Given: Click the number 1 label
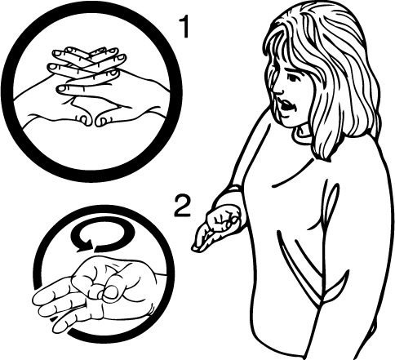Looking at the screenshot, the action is [184, 27].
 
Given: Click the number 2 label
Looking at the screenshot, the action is [183, 207].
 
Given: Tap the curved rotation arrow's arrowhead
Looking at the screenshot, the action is [85, 245].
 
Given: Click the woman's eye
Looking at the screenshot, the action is [292, 78].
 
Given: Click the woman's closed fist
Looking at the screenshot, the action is [224, 218].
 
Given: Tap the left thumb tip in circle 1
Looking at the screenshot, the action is [84, 120].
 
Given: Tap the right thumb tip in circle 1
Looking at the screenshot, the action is [102, 120].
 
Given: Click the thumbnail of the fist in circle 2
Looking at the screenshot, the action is [112, 292].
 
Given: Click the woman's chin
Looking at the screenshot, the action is [289, 122].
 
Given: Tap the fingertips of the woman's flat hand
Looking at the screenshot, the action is [197, 247].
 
